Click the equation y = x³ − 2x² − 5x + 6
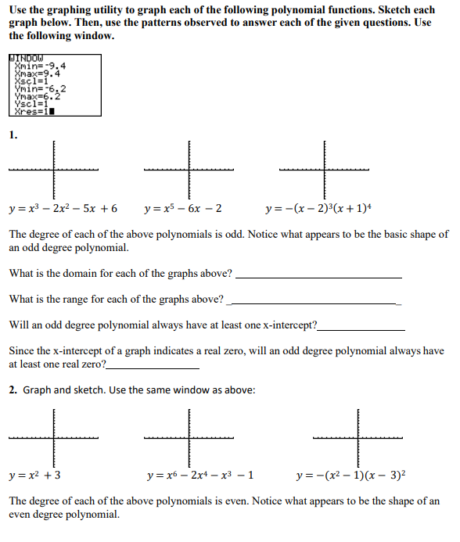point(63,209)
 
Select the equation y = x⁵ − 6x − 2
point(183,209)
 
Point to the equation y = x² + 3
point(35,475)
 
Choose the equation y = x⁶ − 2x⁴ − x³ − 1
point(199,475)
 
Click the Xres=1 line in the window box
point(34,111)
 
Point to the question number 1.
point(13,135)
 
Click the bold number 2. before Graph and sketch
point(13,389)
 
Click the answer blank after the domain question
point(318,276)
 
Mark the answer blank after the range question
point(312,302)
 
